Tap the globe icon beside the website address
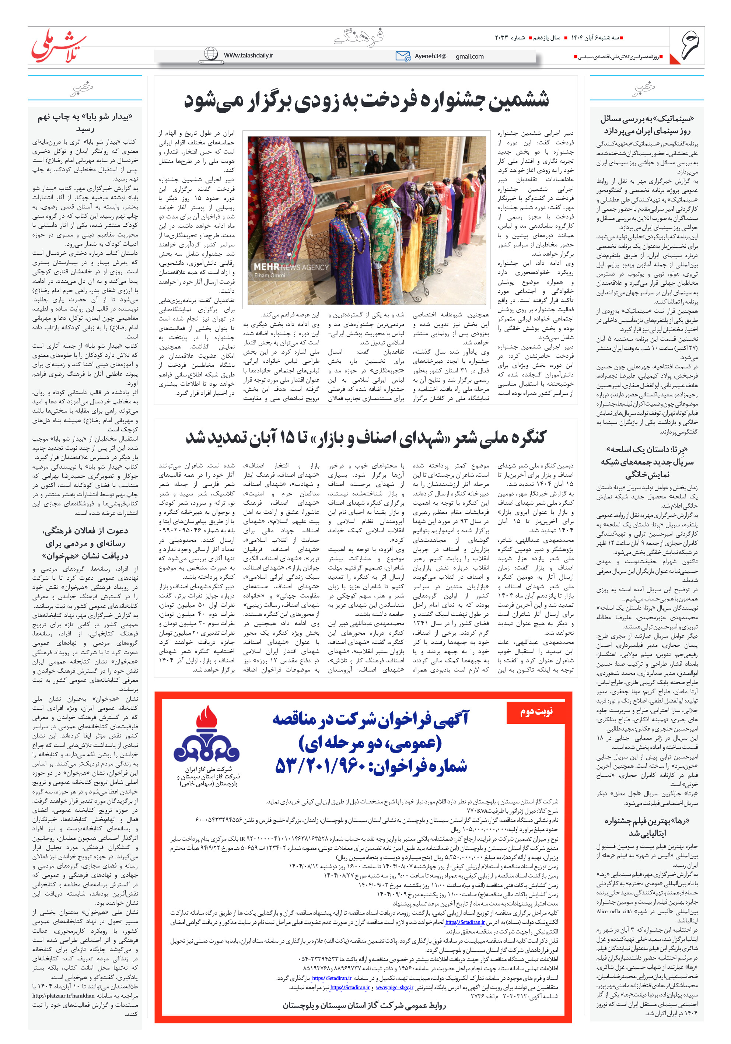(x=211, y=54)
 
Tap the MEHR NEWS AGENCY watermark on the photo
(x=291, y=267)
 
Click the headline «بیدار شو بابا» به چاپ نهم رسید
(x=85, y=123)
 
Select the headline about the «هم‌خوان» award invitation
(x=85, y=543)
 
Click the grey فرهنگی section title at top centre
(x=359, y=36)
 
